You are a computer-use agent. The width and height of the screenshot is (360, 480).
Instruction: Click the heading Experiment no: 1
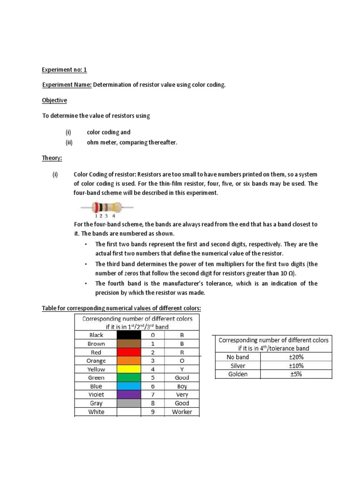coord(65,70)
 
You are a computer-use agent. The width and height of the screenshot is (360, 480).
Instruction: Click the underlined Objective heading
coord(54,100)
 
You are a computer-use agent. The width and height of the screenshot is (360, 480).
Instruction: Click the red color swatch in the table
coord(129,352)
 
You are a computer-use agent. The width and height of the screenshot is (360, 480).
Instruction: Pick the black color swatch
coord(129,335)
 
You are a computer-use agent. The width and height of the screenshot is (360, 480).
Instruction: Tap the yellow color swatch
coord(129,369)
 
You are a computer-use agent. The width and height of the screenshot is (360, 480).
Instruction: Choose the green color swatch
coord(129,378)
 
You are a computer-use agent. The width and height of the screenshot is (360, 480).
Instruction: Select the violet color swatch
coord(129,395)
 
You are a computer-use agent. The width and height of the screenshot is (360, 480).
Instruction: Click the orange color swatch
coord(129,361)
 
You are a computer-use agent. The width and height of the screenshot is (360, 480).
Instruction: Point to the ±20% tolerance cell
coord(296,357)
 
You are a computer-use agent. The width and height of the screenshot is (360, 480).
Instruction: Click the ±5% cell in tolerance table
coord(296,374)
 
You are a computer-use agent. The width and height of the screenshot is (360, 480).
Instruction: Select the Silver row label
coord(238,366)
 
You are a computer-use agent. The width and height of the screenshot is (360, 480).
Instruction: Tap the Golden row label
coord(238,374)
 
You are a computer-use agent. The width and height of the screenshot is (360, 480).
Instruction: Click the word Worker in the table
coord(182,412)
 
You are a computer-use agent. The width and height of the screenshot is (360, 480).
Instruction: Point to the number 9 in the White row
coord(152,412)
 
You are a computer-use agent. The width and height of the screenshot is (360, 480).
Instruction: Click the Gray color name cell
coord(96,403)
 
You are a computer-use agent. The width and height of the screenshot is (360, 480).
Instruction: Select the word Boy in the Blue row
coord(182,386)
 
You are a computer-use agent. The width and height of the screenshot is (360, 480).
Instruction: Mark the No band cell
coord(238,357)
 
